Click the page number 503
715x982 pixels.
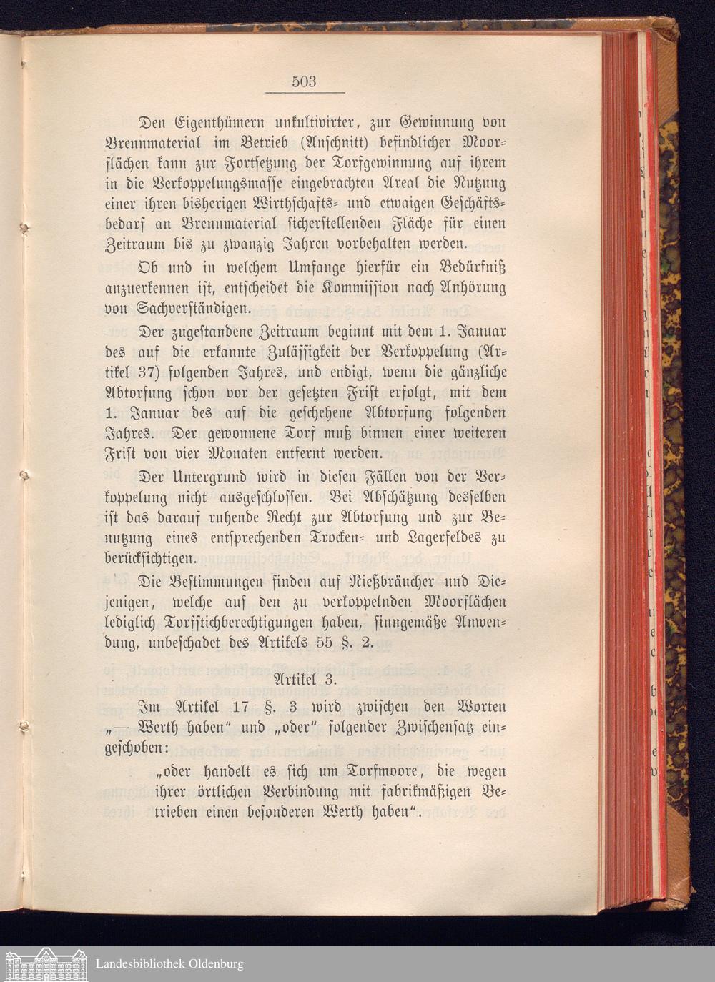tap(304, 81)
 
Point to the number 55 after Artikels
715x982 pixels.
tap(325, 642)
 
